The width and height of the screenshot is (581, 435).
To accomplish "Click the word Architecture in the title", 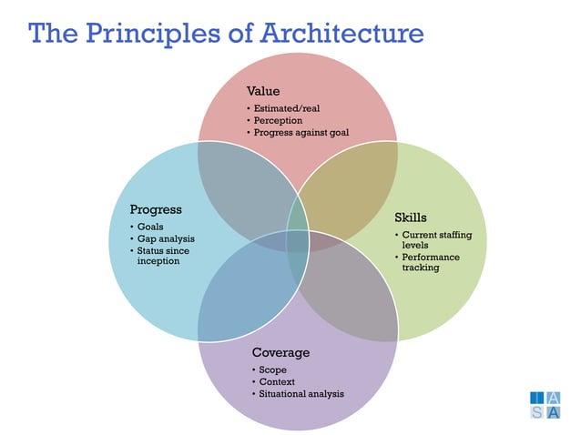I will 342,34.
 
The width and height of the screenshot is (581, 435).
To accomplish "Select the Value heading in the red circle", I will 263,91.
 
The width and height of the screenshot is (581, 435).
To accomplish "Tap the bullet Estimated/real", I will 287,108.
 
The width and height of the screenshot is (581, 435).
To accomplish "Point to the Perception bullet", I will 278,120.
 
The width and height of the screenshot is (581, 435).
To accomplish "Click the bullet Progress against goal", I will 301,133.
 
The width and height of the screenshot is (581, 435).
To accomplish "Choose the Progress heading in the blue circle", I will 156,209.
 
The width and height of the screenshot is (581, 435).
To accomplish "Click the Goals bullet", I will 150,226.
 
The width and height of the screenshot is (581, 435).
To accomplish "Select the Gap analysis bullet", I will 165,238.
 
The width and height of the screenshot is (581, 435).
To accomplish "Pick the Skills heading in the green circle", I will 411,217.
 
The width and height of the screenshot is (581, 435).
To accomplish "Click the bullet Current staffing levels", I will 436,241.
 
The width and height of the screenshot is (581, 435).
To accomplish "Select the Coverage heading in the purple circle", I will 280,352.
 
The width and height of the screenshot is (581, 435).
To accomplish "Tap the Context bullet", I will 275,381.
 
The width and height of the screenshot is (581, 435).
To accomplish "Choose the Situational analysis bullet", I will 301,394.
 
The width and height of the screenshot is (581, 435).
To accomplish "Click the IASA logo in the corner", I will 545,406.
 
